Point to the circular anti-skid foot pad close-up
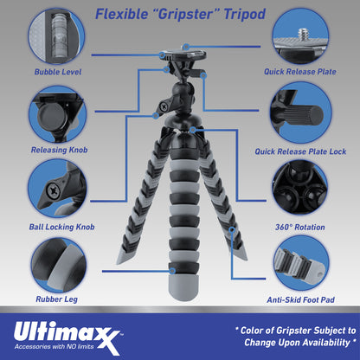300,262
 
